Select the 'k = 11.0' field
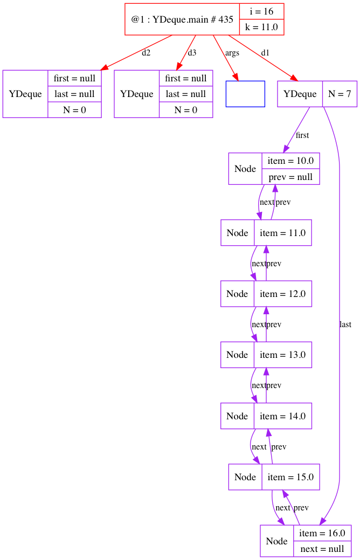coord(261,26)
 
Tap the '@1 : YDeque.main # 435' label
coord(182,19)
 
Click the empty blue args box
coord(245,94)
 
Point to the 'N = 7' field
coord(340,94)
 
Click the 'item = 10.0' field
coord(290,161)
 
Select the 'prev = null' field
coord(290,176)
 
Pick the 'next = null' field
coord(322,549)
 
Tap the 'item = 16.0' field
coord(322,533)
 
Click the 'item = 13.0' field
coord(282,355)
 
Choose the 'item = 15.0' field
coord(290,477)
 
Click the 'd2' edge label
coord(146,53)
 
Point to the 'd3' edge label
coord(192,53)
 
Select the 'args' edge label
coord(232,53)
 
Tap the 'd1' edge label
coord(265,53)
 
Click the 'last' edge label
coord(345,324)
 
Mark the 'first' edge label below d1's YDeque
coord(302,135)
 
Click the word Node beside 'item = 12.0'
coord(237,294)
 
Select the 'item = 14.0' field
coord(282,416)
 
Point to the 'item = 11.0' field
coord(282,233)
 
